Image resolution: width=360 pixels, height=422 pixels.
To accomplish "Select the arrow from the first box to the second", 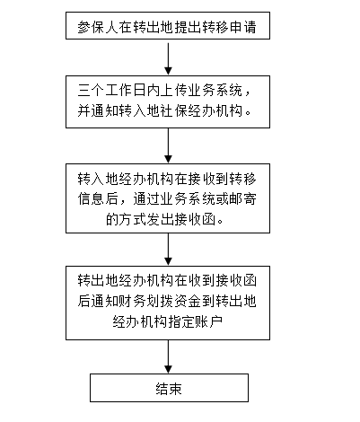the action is point(168,58).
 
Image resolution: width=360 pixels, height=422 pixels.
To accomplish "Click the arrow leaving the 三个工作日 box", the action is point(168,145).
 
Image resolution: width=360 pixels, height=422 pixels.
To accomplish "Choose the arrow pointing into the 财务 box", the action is point(168,250).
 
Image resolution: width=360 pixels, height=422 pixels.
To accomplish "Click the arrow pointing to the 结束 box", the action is point(168,356).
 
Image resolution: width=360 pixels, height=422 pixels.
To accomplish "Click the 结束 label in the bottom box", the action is point(169,389).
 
